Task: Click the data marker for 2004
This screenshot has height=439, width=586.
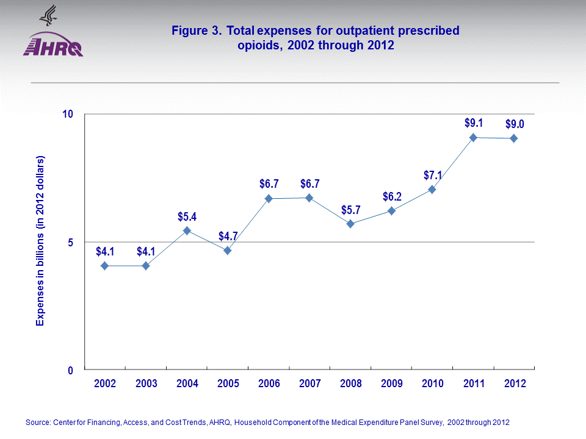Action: click(x=187, y=230)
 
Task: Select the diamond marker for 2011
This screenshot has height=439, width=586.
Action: click(x=473, y=137)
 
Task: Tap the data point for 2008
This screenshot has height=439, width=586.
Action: click(x=350, y=224)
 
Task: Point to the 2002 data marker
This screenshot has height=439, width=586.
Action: click(x=105, y=266)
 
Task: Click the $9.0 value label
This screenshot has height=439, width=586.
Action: click(x=515, y=124)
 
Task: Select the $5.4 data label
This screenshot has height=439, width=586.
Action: click(x=187, y=216)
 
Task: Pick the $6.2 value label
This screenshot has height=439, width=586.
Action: click(x=391, y=197)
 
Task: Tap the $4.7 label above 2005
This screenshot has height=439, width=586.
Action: click(x=228, y=237)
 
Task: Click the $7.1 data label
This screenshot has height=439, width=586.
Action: click(x=432, y=176)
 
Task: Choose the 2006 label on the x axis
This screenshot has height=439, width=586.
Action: click(x=269, y=384)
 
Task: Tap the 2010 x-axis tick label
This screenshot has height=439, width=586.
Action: click(x=432, y=384)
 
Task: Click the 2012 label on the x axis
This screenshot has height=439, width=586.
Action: click(x=514, y=384)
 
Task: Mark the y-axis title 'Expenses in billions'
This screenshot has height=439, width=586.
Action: click(x=40, y=241)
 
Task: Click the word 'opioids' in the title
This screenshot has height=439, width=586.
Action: click(x=259, y=45)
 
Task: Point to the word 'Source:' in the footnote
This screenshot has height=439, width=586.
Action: click(x=38, y=423)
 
